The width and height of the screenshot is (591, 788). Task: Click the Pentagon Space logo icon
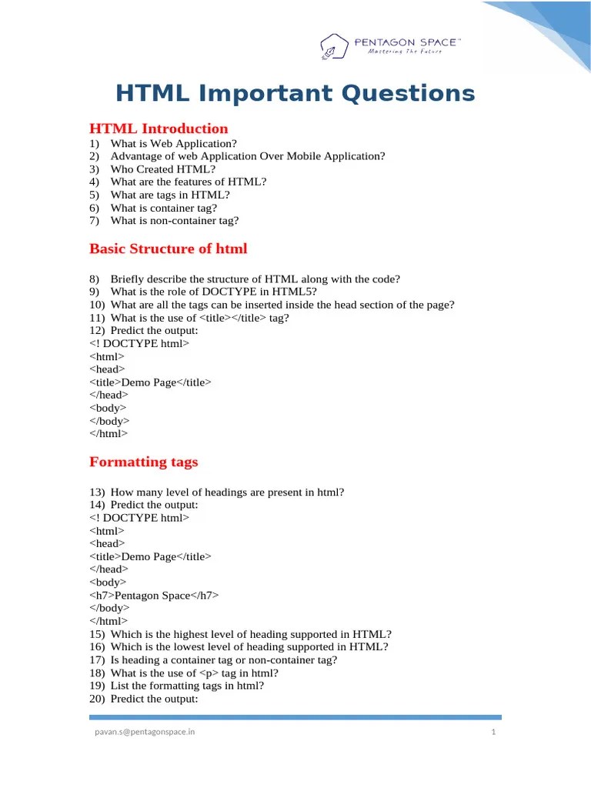(335, 45)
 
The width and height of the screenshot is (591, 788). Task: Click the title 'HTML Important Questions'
(295, 94)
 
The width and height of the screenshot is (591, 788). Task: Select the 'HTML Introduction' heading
(159, 129)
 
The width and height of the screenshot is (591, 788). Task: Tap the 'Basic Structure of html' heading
(169, 249)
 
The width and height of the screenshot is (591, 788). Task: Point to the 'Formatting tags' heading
(144, 462)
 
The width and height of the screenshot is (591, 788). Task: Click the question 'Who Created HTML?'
(163, 169)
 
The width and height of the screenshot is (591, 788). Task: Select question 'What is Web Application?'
(174, 143)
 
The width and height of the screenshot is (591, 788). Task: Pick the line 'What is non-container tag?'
(175, 221)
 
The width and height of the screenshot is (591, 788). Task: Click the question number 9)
(95, 292)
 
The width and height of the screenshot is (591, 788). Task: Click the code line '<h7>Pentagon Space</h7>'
(155, 596)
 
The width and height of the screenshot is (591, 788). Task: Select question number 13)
(97, 492)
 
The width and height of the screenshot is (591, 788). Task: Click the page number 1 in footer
(493, 732)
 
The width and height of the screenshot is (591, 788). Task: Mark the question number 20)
(97, 699)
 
